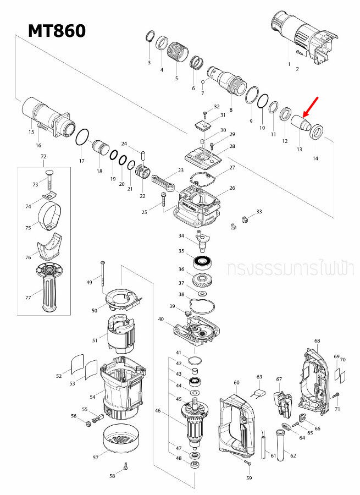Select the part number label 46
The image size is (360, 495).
[x=158, y=410]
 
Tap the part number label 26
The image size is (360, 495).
[x=232, y=188]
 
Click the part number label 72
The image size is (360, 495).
[x=44, y=157]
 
